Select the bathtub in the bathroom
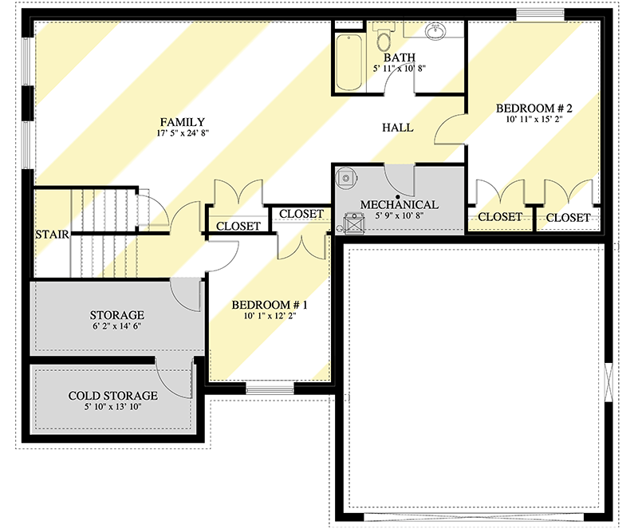pyautogui.click(x=348, y=63)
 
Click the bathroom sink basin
pyautogui.click(x=435, y=33)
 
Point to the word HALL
pyautogui.click(x=397, y=128)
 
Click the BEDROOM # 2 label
pyautogui.click(x=530, y=108)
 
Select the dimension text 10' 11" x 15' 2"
pyautogui.click(x=530, y=120)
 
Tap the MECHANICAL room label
pyautogui.click(x=399, y=205)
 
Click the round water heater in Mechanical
pyautogui.click(x=345, y=178)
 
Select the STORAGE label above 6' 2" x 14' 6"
pyautogui.click(x=116, y=314)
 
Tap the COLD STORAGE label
pyautogui.click(x=112, y=395)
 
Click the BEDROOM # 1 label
pyautogui.click(x=270, y=305)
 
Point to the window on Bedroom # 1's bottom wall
pyautogui.click(x=270, y=389)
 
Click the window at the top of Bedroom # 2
pyautogui.click(x=541, y=13)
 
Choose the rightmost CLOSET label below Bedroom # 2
pyautogui.click(x=568, y=217)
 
